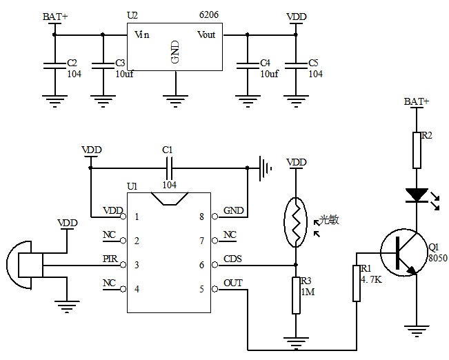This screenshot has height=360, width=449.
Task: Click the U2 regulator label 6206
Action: click(210, 13)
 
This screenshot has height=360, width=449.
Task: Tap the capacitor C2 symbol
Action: click(53, 67)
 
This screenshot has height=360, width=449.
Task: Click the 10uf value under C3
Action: click(124, 74)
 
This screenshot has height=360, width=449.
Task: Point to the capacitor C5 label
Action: click(315, 63)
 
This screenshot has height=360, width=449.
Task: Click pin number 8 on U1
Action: click(201, 217)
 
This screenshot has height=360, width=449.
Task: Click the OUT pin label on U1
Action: click(232, 283)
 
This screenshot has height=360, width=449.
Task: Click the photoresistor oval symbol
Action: click(296, 221)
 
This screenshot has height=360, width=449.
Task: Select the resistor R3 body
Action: click(296, 295)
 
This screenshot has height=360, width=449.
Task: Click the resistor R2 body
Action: click(417, 150)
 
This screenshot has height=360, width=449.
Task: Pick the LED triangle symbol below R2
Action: click(417, 194)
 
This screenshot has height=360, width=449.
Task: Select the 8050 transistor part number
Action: click(437, 257)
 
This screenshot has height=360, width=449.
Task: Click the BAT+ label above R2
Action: click(417, 101)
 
